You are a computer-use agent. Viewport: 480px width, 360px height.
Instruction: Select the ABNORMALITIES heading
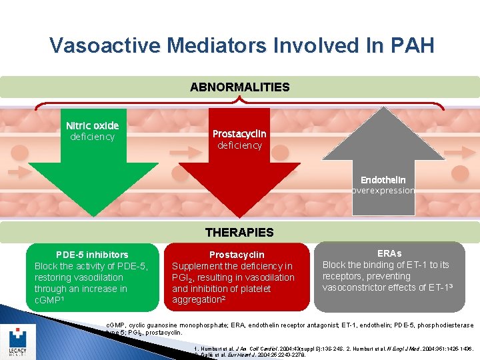tap(240, 87)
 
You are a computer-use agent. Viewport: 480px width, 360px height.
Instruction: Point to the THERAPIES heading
tap(239, 233)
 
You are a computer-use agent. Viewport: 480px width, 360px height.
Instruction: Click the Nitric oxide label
tap(92, 125)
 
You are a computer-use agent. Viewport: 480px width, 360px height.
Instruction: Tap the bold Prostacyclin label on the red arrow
tap(239, 134)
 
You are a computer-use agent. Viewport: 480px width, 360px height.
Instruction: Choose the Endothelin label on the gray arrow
tap(383, 180)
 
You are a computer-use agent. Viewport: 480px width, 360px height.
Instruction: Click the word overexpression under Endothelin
tap(383, 191)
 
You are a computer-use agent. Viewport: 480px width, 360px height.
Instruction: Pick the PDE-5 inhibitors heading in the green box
tap(92, 255)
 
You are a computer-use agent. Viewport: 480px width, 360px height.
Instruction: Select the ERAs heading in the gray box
tap(389, 253)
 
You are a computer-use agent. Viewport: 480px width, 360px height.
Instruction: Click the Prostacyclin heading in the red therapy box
tap(237, 255)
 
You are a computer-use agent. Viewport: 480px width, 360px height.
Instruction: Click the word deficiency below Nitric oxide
tap(92, 137)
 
